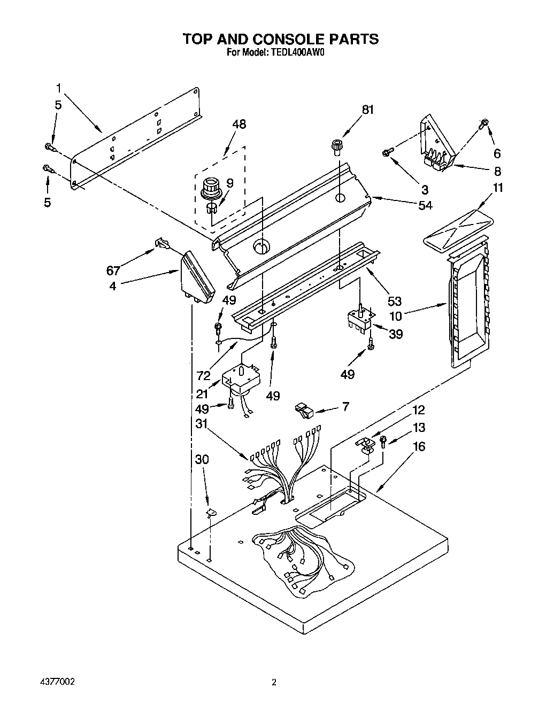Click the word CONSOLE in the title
click(x=283, y=39)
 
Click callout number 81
click(x=367, y=110)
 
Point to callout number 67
click(x=113, y=271)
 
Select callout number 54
click(x=426, y=205)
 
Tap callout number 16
click(x=419, y=446)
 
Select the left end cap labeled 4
click(x=197, y=275)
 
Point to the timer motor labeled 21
click(x=240, y=380)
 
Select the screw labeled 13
click(x=383, y=441)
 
